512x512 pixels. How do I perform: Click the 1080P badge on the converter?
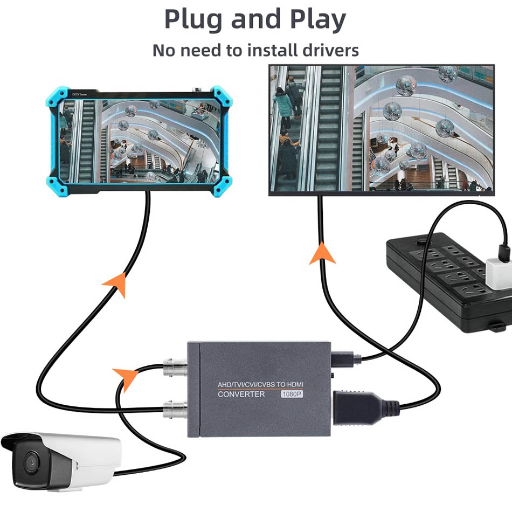(x=292, y=394)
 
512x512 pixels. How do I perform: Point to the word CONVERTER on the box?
(x=241, y=395)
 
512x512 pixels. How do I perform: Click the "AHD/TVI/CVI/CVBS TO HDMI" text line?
(x=260, y=384)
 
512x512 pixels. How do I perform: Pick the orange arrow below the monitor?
(x=322, y=253)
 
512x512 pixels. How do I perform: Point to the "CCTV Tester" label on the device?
(x=80, y=94)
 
